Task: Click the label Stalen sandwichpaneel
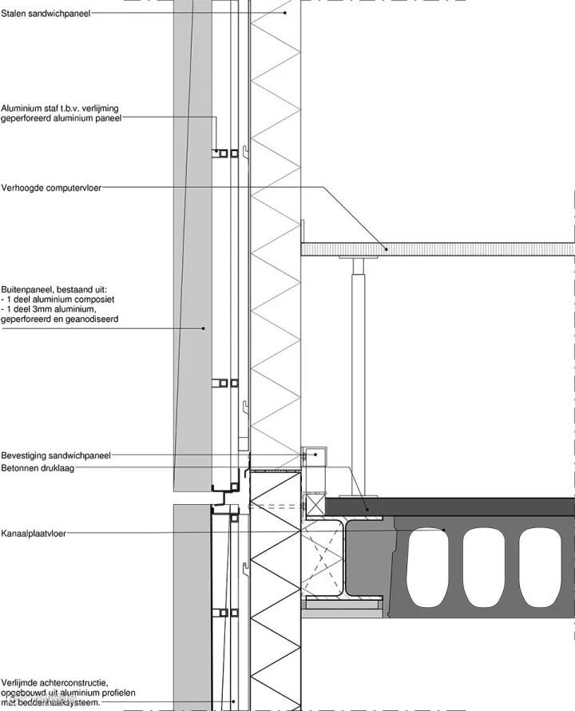[x=46, y=14]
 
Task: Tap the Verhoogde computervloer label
[x=51, y=188]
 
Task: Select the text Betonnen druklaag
[x=38, y=468]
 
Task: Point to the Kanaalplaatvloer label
[x=34, y=533]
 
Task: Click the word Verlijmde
[x=21, y=681]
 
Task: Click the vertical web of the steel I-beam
[x=345, y=558]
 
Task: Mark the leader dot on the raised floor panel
[x=387, y=248]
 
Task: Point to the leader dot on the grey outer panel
[x=204, y=328]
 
